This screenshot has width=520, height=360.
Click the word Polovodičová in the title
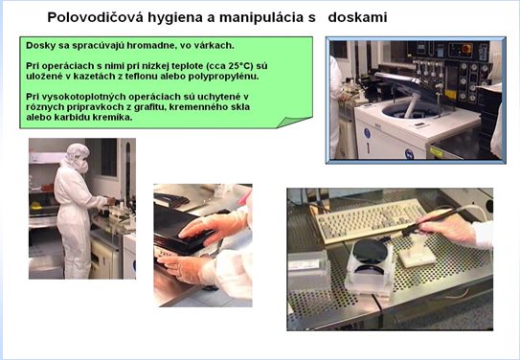pos(96,17)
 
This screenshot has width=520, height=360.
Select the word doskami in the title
pos(357,17)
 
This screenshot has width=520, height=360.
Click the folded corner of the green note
pos(293,122)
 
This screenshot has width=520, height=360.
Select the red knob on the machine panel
pos(466,49)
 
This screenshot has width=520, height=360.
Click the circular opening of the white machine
pos(410,110)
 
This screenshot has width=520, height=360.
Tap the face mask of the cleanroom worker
pos(82,166)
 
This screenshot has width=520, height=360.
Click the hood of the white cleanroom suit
pos(77,153)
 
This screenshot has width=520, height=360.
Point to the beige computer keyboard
pos(371,219)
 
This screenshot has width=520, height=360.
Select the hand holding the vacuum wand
pos(449,228)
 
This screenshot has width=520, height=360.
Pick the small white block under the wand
pos(417,257)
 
